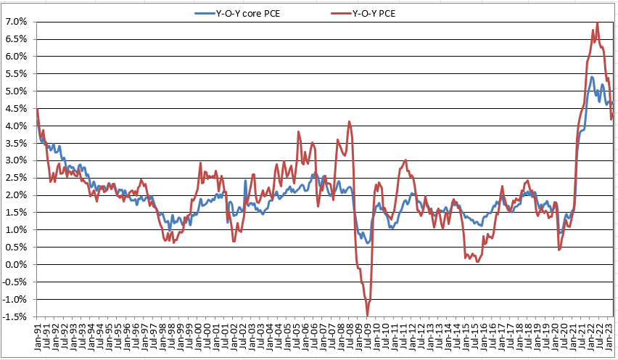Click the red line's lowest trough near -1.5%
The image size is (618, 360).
pyautogui.click(x=368, y=315)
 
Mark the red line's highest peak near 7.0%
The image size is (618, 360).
pyautogui.click(x=597, y=22)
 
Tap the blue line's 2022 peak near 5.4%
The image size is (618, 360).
pyautogui.click(x=592, y=77)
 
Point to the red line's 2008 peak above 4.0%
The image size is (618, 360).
pyautogui.click(x=350, y=121)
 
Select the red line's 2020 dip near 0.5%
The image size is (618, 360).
pyautogui.click(x=559, y=250)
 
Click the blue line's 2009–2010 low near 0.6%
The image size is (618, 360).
pyautogui.click(x=368, y=243)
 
